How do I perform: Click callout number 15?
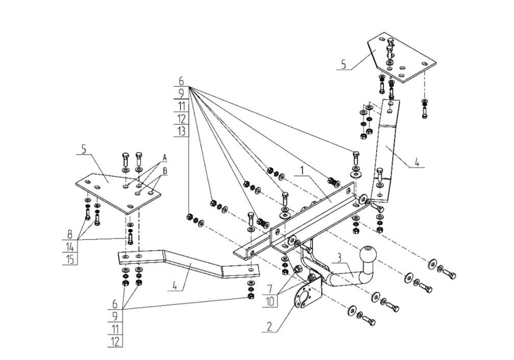pyautogui.click(x=70, y=259)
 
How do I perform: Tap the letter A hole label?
pyautogui.click(x=165, y=156)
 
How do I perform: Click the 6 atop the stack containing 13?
pyautogui.click(x=181, y=81)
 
